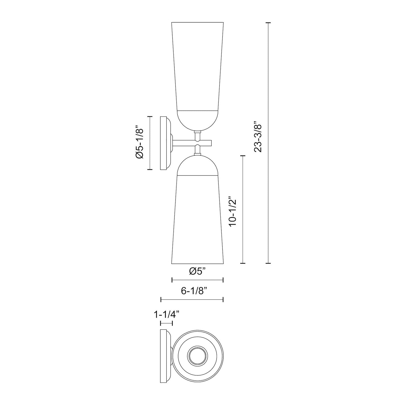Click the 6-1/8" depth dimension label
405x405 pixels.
[x=194, y=291]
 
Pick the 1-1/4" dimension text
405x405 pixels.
[x=167, y=315]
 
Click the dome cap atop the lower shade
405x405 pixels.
[x=197, y=166]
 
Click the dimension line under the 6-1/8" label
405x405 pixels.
[x=192, y=299]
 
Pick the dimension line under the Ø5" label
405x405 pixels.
[x=197, y=280]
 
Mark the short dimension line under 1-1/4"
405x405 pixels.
[x=166, y=323]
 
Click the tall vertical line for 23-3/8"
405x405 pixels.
[x=268, y=143]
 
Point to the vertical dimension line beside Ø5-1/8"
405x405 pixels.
[x=150, y=143]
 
